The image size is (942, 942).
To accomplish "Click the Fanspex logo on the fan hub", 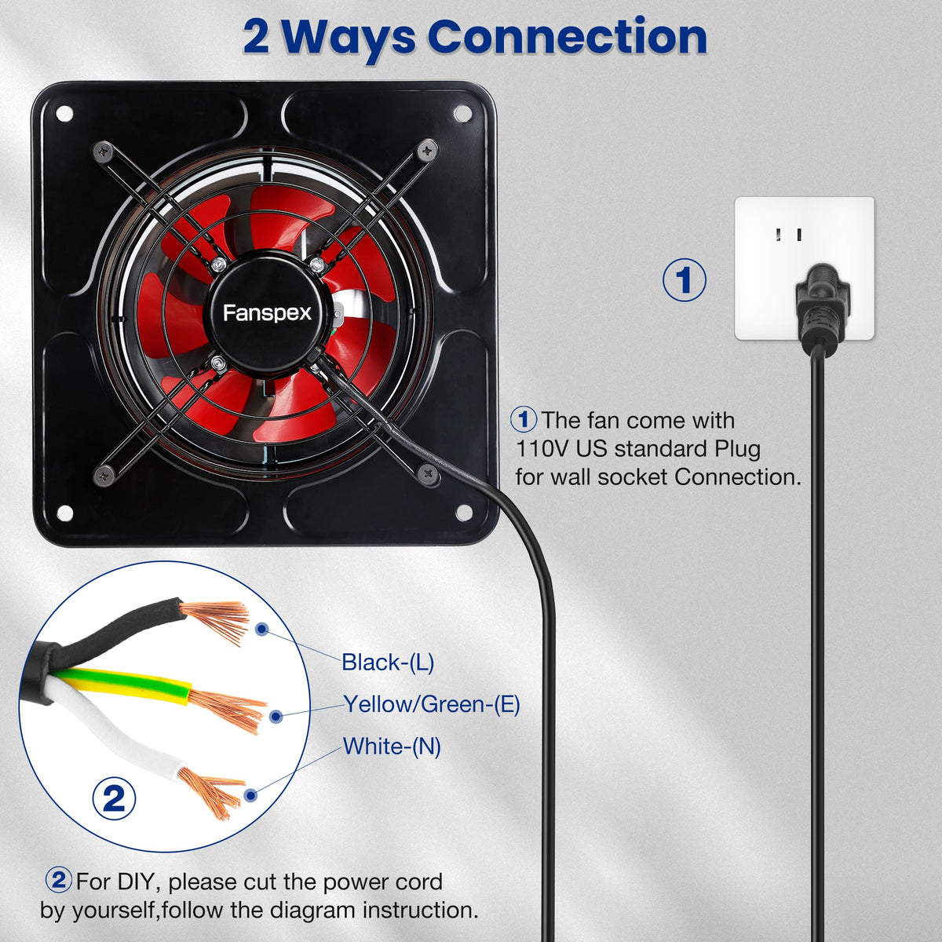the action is coord(267,313).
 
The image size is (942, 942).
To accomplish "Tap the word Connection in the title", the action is coord(568,37).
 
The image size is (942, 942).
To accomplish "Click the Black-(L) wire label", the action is coord(388,663).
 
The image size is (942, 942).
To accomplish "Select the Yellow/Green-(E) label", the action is coord(432,704).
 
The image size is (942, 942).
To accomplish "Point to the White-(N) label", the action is coord(392,746).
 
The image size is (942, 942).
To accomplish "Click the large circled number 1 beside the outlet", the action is coord(684,280).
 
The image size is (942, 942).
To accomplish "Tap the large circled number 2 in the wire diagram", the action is coord(115,798).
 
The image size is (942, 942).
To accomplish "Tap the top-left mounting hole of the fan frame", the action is coord(64,114).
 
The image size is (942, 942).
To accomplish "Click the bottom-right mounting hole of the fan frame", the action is coord(463,513).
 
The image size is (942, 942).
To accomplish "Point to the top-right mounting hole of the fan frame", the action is coord(462,114).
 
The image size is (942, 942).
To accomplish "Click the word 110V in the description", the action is coord(542,449).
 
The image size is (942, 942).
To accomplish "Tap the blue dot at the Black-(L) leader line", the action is coord(262,629).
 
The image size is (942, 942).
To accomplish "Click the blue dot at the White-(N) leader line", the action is coord(251,795).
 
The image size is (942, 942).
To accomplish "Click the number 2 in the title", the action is coord(256,37).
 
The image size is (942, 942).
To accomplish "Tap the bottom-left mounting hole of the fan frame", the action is coord(64,513).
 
